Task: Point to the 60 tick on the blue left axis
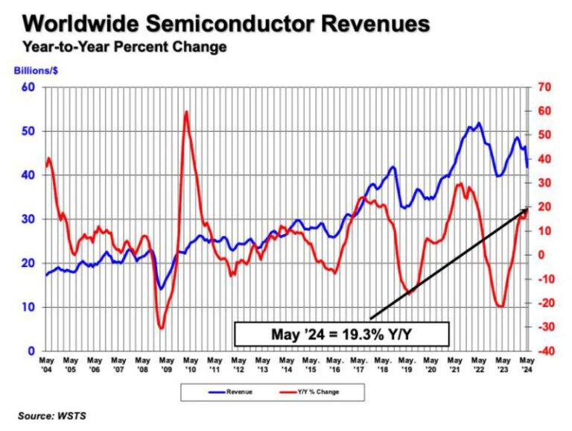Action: point(31,87)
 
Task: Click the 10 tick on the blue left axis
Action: point(31,307)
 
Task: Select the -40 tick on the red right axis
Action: point(544,351)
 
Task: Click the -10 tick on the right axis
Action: point(544,279)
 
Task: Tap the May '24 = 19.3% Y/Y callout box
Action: point(342,334)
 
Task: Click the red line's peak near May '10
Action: point(185,112)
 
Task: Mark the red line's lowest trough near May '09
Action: point(161,327)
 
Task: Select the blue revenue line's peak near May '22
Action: point(478,123)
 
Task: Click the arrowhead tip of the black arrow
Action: point(527,208)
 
